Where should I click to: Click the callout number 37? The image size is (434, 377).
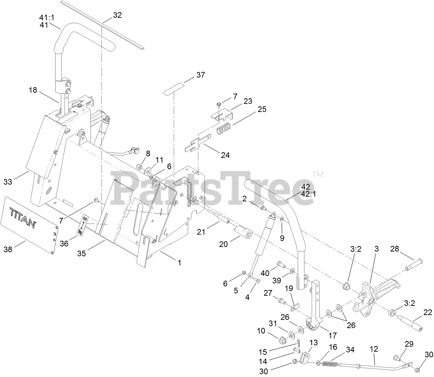point(201,75)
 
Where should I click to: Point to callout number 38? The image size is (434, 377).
point(8,249)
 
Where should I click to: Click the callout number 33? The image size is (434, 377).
point(8,182)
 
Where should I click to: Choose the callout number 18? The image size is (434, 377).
point(33,90)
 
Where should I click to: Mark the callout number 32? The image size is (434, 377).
point(117,15)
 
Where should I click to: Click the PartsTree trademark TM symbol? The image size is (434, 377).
point(318,174)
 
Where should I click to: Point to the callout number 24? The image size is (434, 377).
point(225,155)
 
